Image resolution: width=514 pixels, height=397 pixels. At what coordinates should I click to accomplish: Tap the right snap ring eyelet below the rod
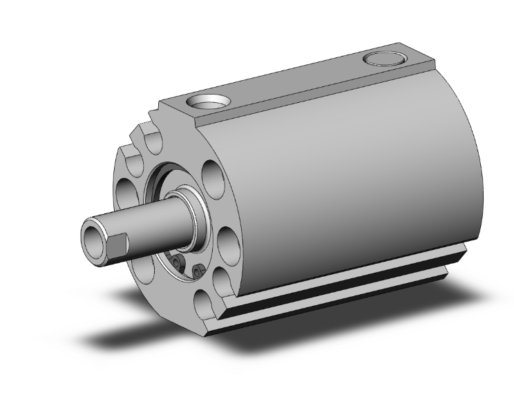pos(198,271)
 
